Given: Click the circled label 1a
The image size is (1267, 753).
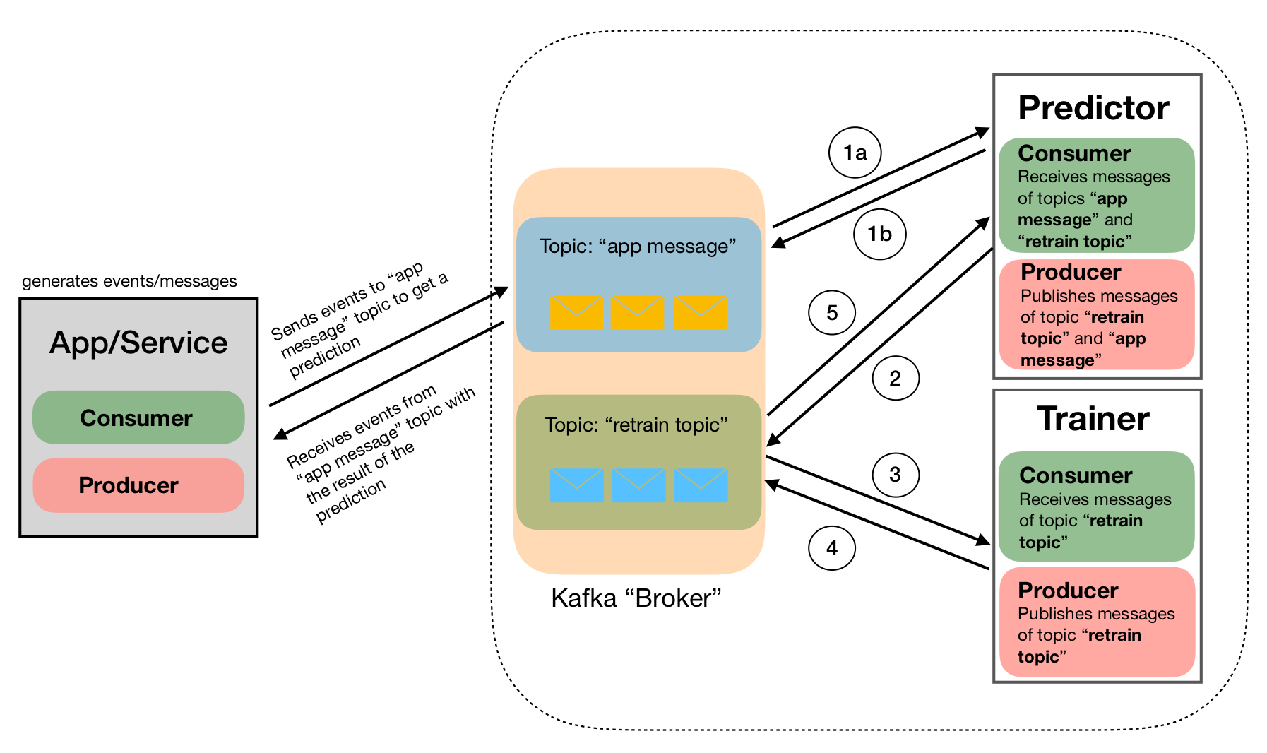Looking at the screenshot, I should point(855,153).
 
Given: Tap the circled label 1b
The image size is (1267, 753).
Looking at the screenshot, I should point(879,234).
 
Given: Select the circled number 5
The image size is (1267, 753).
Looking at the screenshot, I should point(832,312).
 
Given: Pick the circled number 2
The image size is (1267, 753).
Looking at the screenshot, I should point(895,379).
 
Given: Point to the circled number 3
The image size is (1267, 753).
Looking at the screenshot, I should point(895,475).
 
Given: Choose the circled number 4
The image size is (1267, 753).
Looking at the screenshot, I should point(832,547).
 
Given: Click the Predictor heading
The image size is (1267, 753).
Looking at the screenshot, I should point(1093,108).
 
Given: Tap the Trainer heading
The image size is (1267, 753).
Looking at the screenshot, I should point(1093,419).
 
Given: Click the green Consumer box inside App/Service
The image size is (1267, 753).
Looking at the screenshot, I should point(138,417).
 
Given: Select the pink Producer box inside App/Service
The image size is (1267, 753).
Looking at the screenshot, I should point(138,485).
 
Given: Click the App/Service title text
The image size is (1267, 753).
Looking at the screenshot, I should point(138,343).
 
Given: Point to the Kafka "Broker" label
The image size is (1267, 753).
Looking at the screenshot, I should point(636,598).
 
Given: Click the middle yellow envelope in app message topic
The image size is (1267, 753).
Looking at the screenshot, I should point(637,312).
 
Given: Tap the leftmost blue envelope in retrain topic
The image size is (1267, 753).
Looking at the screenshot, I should point(577,485).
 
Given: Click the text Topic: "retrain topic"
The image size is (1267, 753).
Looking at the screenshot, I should point(636,425).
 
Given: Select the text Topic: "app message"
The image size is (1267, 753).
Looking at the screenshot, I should point(638,247).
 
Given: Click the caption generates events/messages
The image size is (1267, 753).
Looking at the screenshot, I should point(129,281).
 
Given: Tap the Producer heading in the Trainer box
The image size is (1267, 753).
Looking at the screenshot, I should point(1068,591).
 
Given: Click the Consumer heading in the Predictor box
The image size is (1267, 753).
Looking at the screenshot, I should point(1074,153).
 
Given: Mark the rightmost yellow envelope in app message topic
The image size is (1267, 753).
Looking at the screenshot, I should point(701,312).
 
